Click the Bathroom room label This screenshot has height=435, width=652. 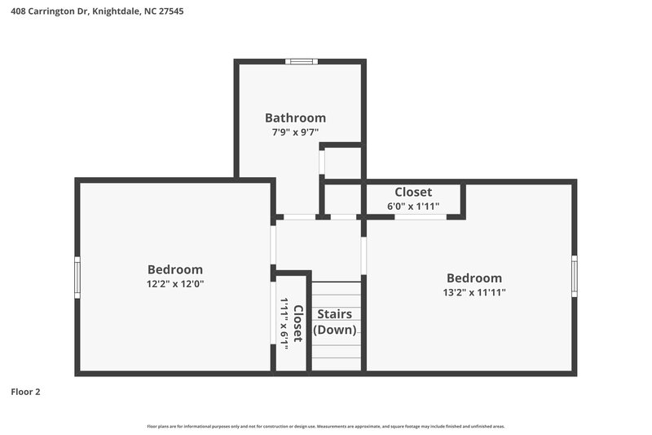point(295,118)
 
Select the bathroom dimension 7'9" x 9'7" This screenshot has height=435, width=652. point(295,131)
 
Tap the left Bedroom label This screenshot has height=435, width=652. point(174,269)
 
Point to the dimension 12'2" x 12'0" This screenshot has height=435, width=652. point(174,284)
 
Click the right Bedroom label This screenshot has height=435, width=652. point(474,277)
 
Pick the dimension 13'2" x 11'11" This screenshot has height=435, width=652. point(474,292)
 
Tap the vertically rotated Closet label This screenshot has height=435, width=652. point(298,323)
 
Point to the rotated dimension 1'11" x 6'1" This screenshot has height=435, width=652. point(284,323)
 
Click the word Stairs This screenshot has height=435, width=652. point(334,313)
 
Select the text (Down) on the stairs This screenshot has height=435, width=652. point(334,330)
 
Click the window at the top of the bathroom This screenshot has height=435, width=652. point(301,60)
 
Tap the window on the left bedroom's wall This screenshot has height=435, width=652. point(77,277)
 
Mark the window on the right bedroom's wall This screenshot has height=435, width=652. point(574,276)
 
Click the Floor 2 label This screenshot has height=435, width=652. point(25,392)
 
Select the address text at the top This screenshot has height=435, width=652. point(90,12)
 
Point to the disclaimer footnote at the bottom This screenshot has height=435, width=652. point(326,426)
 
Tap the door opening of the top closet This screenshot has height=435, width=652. point(421,217)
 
